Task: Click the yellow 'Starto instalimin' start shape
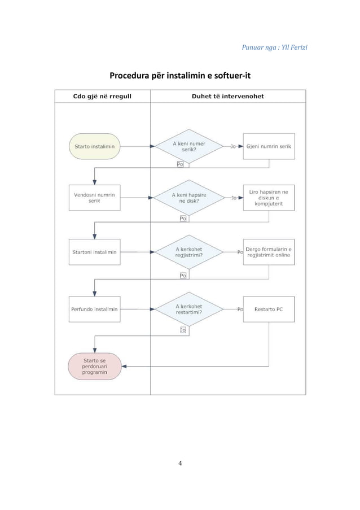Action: pos(94,146)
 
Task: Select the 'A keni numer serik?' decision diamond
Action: pos(189,146)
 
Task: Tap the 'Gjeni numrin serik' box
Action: pos(269,146)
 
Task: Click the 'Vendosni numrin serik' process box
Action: pos(94,198)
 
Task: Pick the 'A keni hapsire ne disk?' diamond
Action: pos(189,198)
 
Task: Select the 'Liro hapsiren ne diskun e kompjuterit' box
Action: pos(269,198)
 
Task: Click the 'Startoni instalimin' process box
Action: pos(94,252)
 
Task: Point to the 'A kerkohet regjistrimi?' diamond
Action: pos(189,252)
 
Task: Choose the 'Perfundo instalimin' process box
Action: pos(94,309)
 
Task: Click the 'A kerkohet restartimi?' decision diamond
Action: pos(189,309)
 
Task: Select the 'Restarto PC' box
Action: pos(269,309)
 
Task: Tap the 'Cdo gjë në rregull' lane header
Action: pos(103,96)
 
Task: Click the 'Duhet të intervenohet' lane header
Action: pos(228,96)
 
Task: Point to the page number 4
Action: pos(180,464)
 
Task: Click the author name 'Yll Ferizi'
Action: pos(293,45)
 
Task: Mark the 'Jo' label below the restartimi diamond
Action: pos(183,330)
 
